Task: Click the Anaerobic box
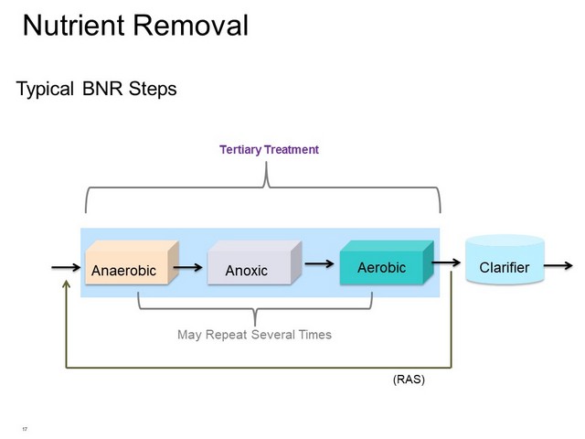click(132, 262)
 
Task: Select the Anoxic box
click(254, 262)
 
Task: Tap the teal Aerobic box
click(387, 262)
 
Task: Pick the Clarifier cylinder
click(505, 259)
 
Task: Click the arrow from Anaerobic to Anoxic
click(187, 267)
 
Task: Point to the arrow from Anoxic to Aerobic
click(319, 264)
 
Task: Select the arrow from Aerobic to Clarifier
click(446, 262)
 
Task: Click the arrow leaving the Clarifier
click(558, 265)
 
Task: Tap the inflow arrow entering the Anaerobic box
click(66, 267)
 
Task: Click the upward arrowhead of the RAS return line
click(67, 284)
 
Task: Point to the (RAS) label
click(409, 380)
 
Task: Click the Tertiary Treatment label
click(269, 150)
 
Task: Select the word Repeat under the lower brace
click(227, 335)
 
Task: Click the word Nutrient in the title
click(74, 26)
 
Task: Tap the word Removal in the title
click(191, 26)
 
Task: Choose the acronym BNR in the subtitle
click(102, 89)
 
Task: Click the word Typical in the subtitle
click(45, 90)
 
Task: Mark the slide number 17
click(25, 429)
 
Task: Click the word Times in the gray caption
click(315, 335)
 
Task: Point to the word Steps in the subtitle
click(153, 90)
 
